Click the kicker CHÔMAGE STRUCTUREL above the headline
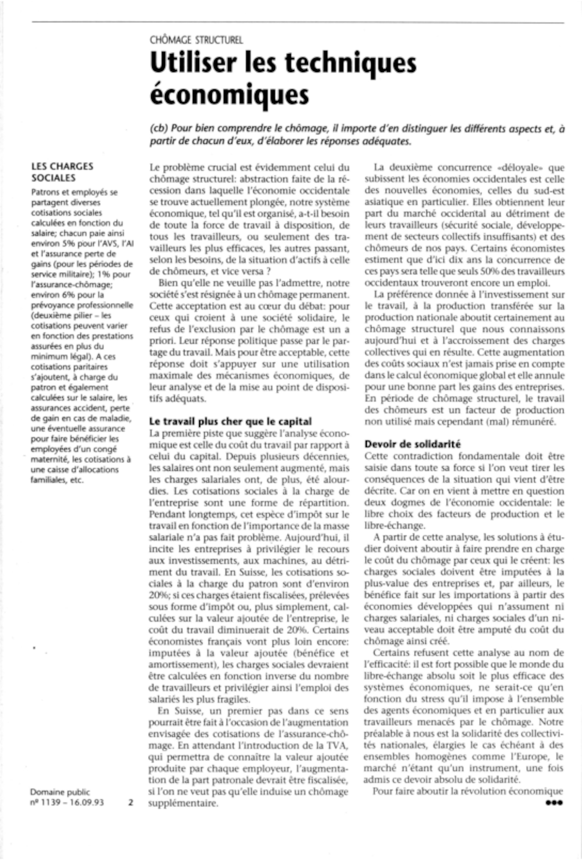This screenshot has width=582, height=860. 196,40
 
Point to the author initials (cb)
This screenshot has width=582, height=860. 159,128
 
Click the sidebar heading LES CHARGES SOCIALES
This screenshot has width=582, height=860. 62,172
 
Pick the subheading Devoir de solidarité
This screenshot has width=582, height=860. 413,444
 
